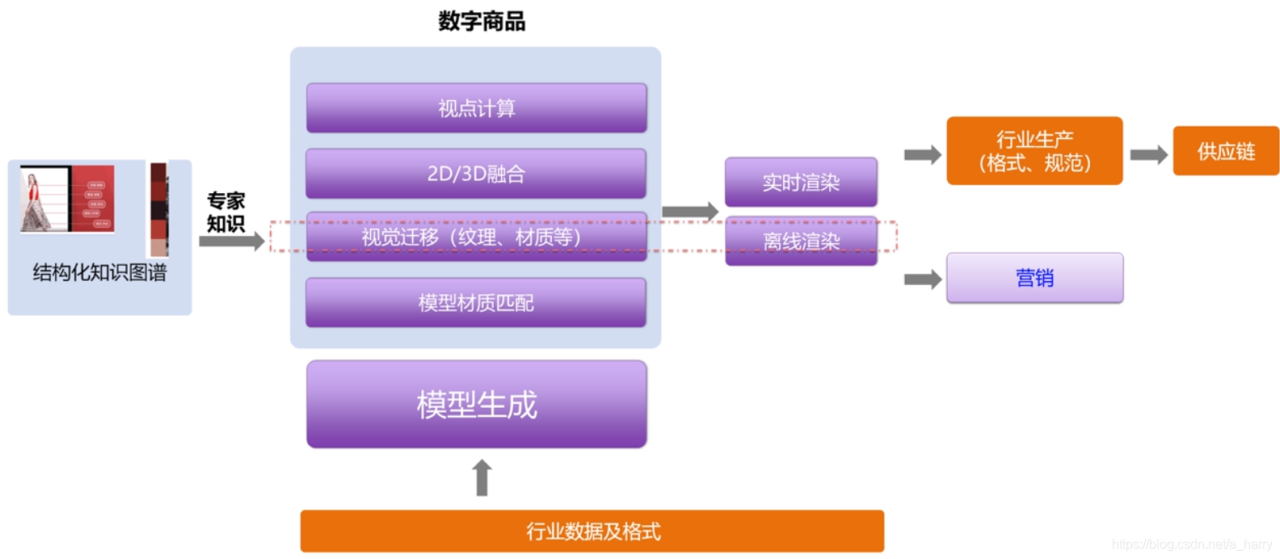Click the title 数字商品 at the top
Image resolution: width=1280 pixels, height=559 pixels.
(482, 21)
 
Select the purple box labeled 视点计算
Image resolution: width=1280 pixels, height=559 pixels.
(476, 108)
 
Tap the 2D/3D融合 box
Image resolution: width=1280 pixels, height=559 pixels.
(476, 174)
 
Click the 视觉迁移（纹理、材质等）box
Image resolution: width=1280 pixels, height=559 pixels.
(476, 237)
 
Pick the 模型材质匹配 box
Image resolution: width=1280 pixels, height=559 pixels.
(476, 303)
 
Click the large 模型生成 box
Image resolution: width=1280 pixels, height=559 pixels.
(476, 404)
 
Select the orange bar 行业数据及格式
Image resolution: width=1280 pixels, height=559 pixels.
(592, 531)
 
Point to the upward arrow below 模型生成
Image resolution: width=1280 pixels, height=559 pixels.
(482, 477)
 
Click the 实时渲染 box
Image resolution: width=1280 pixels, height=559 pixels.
(800, 183)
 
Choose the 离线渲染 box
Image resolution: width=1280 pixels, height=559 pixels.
(800, 241)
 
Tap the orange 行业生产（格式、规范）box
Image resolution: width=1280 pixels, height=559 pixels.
(1034, 151)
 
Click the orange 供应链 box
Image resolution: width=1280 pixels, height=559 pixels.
(1225, 151)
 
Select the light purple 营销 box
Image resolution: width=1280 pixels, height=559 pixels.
(1034, 278)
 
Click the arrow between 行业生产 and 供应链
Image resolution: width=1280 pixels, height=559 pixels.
(1148, 154)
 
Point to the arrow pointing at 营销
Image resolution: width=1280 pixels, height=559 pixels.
(923, 279)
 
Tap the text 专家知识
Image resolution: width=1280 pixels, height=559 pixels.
(225, 212)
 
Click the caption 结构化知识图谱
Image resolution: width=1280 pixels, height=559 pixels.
(99, 273)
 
